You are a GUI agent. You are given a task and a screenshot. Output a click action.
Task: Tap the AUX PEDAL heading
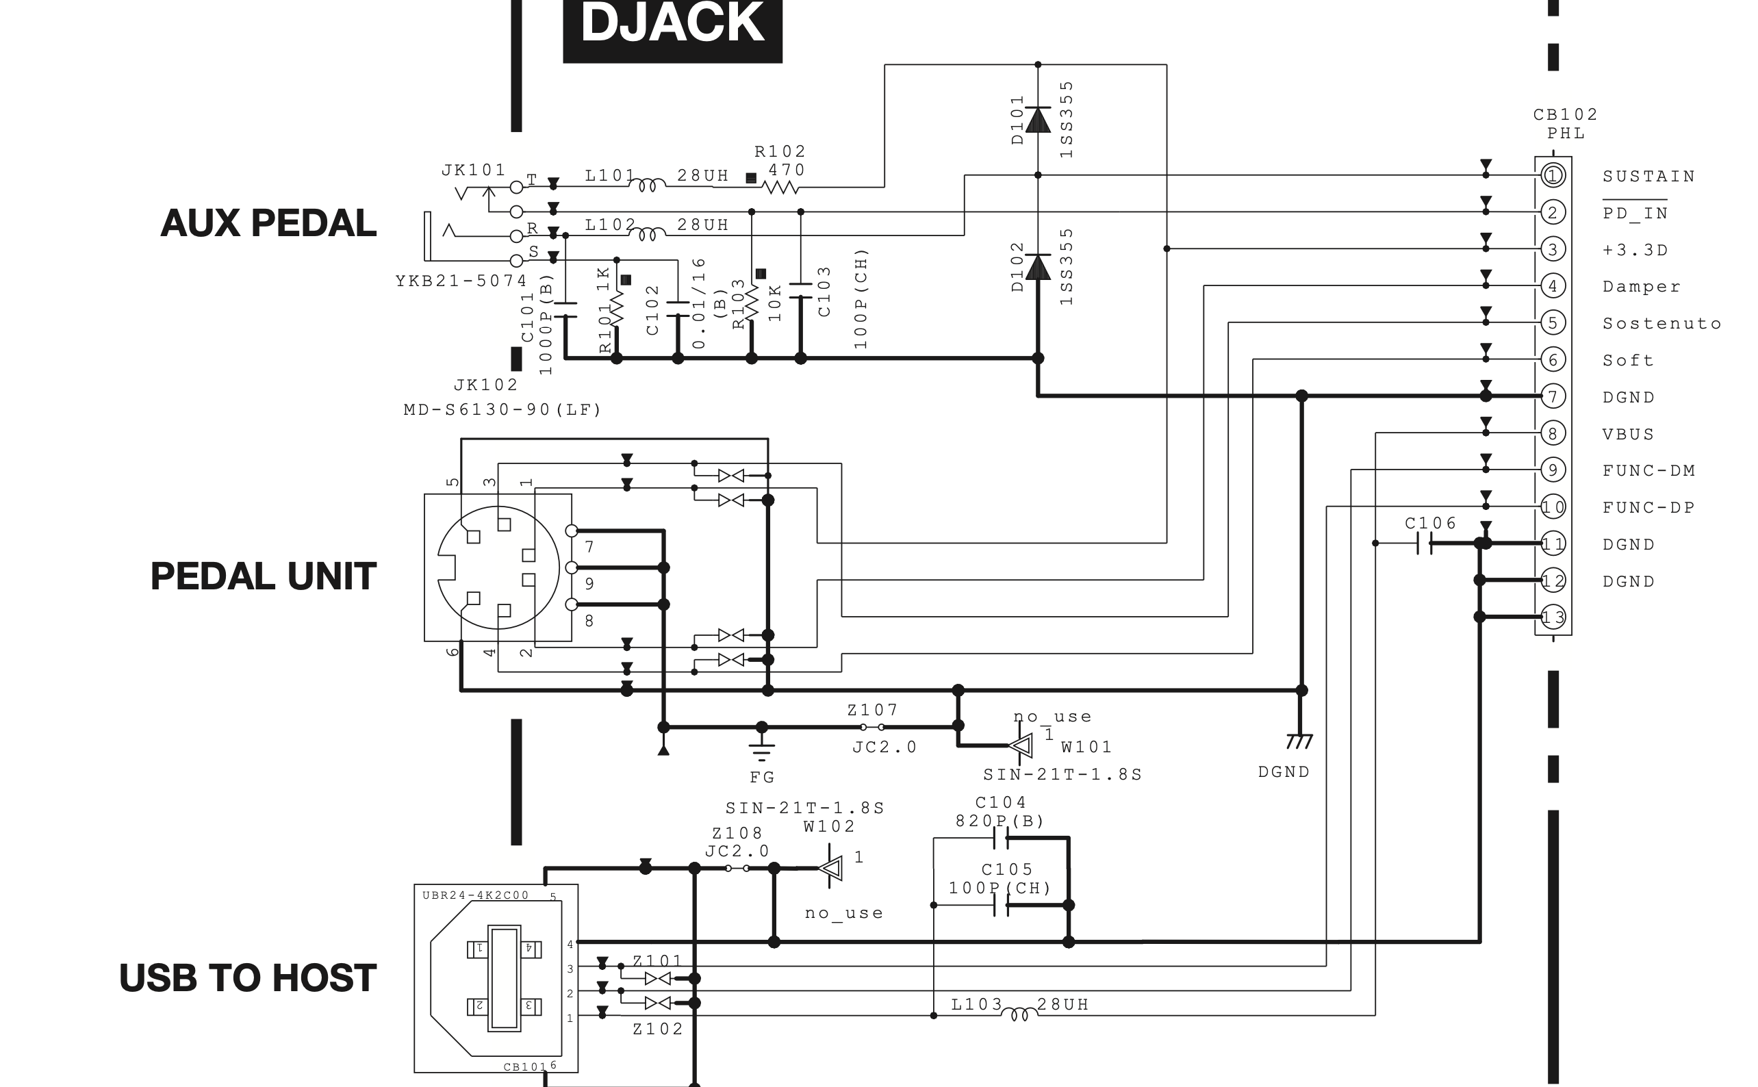click(268, 223)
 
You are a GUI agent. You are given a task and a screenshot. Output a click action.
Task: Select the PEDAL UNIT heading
click(263, 576)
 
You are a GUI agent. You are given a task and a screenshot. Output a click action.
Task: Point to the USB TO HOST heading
click(247, 977)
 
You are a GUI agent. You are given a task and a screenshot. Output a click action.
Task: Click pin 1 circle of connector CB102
click(1553, 175)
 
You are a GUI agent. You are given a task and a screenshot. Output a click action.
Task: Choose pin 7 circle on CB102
click(1553, 396)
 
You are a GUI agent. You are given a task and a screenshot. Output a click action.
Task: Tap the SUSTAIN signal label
click(1648, 176)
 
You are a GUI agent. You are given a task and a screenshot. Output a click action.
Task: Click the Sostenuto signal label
click(1661, 324)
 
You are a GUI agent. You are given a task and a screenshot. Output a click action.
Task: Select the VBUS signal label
click(1629, 434)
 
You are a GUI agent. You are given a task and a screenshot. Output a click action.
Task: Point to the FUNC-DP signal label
click(1648, 507)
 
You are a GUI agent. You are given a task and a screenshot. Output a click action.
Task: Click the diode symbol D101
click(1038, 119)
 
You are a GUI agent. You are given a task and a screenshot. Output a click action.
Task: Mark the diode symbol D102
click(1038, 267)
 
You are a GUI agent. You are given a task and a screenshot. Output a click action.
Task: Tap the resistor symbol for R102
click(780, 187)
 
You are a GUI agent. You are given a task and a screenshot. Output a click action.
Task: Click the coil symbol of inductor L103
click(1019, 1015)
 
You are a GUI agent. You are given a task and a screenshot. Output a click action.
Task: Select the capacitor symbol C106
click(1425, 543)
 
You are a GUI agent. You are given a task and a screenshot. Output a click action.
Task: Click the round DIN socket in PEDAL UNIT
click(498, 568)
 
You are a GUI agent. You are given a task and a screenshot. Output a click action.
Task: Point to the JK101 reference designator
click(474, 170)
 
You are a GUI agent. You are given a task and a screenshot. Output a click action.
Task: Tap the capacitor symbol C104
click(1001, 839)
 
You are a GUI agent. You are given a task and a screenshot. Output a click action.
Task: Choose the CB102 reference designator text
click(1566, 115)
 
